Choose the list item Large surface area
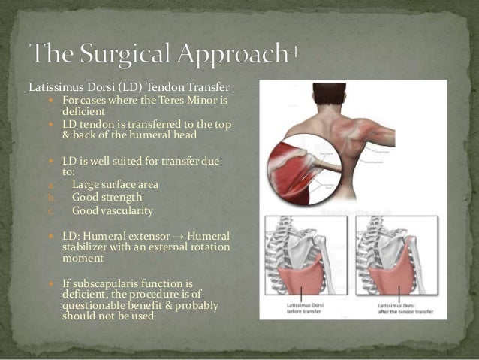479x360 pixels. tap(115, 183)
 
